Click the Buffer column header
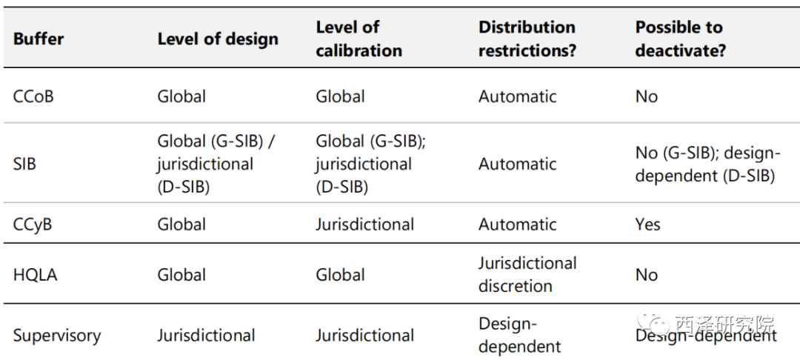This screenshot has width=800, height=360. (x=39, y=39)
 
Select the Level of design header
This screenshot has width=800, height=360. (x=218, y=39)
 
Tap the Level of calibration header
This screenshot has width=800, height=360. (x=359, y=39)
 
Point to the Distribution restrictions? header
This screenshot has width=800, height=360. (x=527, y=39)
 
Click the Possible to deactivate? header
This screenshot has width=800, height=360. (x=681, y=39)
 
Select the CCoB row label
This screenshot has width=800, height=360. (x=33, y=96)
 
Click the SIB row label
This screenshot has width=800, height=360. (x=24, y=164)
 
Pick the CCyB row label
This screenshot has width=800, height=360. (x=33, y=224)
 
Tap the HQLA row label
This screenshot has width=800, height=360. (x=36, y=275)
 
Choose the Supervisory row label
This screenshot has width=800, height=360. (x=57, y=336)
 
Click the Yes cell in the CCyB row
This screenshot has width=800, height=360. (x=648, y=224)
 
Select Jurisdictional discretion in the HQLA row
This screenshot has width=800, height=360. (x=527, y=274)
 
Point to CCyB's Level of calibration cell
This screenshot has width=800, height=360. (x=364, y=224)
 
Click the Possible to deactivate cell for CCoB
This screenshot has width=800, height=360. (x=647, y=96)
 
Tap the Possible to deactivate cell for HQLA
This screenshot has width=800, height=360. (x=647, y=275)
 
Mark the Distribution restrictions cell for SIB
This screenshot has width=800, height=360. (x=517, y=164)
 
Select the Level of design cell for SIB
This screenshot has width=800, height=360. (x=216, y=164)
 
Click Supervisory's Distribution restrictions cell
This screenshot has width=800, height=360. (x=520, y=336)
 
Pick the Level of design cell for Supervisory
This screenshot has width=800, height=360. (x=206, y=336)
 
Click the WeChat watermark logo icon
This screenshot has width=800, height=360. (x=653, y=322)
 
